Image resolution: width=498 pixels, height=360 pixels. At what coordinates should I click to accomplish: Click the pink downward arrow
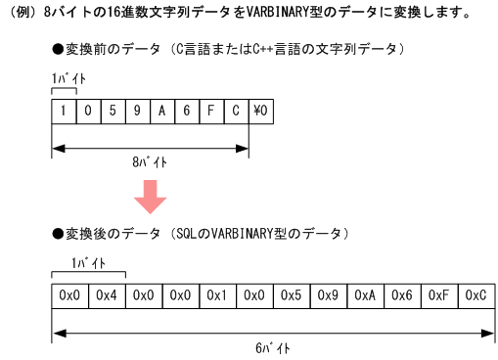[151, 196]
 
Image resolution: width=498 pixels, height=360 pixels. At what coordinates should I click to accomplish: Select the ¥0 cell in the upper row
[261, 111]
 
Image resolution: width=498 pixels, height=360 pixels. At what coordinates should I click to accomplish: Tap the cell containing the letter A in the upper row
[161, 111]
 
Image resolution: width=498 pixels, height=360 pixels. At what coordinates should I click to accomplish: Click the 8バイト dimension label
[151, 162]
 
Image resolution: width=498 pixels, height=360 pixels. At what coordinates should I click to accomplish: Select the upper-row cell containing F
[211, 111]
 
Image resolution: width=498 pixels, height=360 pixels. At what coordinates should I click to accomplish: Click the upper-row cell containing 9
[137, 111]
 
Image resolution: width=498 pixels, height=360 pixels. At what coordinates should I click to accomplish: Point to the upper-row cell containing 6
[187, 111]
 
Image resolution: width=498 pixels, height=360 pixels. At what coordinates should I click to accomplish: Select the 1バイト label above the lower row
[90, 262]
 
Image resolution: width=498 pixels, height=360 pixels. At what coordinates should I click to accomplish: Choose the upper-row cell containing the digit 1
[63, 111]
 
